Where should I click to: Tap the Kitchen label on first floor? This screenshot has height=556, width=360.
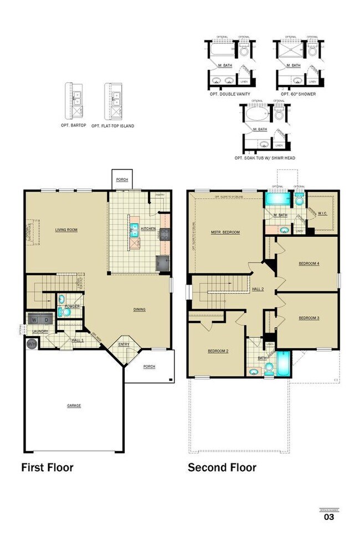[148, 228]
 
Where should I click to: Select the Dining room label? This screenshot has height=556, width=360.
[139, 309]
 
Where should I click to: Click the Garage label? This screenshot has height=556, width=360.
[74, 405]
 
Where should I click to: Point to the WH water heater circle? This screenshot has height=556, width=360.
[30, 344]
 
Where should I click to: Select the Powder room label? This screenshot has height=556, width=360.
[73, 306]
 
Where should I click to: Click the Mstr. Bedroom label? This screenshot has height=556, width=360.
[225, 232]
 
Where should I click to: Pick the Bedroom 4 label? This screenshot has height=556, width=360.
[308, 263]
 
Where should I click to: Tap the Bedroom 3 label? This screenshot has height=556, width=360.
[308, 318]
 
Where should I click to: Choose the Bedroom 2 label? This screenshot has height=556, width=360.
[218, 351]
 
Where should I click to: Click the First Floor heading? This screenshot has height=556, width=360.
[47, 467]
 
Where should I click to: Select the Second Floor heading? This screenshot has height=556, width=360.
[222, 467]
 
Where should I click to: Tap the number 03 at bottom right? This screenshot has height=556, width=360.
[329, 517]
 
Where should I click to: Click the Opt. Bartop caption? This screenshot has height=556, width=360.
[73, 126]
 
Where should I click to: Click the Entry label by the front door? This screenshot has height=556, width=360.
[123, 344]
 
